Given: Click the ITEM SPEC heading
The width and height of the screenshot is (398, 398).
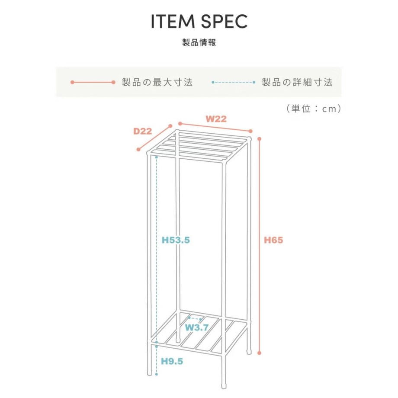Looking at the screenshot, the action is click(x=199, y=22).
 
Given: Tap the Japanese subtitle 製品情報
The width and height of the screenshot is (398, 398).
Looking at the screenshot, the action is click(x=199, y=42).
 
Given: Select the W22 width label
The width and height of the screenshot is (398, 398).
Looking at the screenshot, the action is click(x=216, y=119).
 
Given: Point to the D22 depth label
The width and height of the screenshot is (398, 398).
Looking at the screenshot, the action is click(x=143, y=131).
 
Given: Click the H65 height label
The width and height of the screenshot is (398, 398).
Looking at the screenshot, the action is click(x=273, y=240).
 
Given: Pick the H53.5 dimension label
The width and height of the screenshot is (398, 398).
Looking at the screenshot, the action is click(x=176, y=240).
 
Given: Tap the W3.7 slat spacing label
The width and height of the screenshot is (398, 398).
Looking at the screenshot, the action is click(x=197, y=327).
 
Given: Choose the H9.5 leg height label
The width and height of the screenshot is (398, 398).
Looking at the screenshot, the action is click(x=172, y=361).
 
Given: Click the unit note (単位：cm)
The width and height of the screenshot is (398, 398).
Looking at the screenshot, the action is click(x=314, y=109).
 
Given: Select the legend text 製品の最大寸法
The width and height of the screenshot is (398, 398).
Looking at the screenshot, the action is click(x=157, y=82).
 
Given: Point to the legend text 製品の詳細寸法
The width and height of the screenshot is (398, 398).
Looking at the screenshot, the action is click(x=297, y=82).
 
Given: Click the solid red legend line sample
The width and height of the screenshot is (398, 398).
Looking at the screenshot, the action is click(x=93, y=82).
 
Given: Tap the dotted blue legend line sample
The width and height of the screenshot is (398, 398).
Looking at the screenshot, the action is click(x=233, y=82).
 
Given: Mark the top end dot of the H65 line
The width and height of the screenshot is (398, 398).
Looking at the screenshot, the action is click(x=259, y=139).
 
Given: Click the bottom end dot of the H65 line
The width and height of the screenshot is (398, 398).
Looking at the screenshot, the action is click(x=259, y=353).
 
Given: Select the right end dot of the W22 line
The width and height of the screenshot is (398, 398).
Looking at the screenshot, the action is click(x=250, y=131).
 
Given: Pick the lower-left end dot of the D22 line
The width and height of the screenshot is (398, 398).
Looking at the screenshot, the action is click(x=138, y=150).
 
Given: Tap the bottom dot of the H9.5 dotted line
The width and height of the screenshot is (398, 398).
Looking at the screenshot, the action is click(x=157, y=374).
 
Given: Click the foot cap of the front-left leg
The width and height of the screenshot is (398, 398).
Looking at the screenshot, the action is click(x=150, y=373).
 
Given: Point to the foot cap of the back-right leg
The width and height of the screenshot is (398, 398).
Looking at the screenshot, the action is click(x=249, y=352).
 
